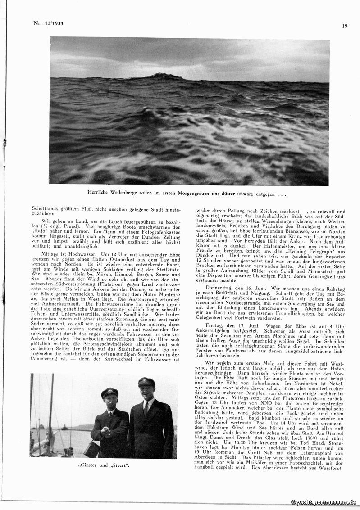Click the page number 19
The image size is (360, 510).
coord(345,26)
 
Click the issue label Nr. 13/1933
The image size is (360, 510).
coord(49,23)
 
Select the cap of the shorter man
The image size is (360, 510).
coord(109,393)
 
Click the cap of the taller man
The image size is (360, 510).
coord(146,382)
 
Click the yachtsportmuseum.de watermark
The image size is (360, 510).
coord(324,502)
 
